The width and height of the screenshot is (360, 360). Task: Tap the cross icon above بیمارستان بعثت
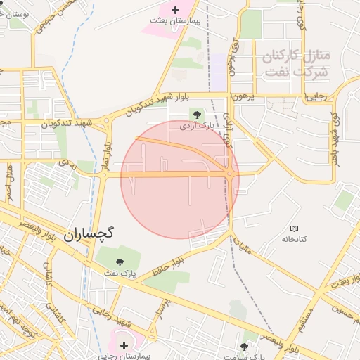(175, 10)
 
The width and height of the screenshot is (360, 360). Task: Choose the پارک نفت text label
(118, 271)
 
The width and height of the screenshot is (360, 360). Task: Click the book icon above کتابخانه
(295, 229)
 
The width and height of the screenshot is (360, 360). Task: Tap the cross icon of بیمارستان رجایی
(124, 345)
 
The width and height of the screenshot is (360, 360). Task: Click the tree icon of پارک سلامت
(244, 346)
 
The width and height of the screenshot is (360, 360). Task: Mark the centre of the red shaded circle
(180, 179)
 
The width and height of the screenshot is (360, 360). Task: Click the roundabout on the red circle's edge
(230, 174)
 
